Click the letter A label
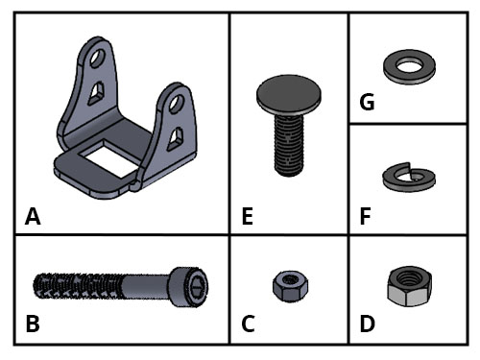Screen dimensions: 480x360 tap(33, 216)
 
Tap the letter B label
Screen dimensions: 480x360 tap(33, 324)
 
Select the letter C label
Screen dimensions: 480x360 tap(248, 324)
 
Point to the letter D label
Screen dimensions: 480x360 tap(367, 324)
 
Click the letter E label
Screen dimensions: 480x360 tap(248, 216)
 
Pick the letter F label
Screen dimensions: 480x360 tap(365, 216)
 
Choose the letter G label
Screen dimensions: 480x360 tap(367, 102)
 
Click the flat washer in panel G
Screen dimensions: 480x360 tap(409, 75)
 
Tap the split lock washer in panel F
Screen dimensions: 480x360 tap(409, 184)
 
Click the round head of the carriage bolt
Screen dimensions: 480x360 tap(289, 94)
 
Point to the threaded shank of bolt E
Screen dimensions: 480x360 tap(289, 145)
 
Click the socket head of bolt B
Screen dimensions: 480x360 tap(188, 287)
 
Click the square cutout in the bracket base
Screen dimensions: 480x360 tap(109, 160)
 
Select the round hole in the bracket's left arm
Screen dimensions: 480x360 tap(97, 58)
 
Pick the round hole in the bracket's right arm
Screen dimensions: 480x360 tap(177, 104)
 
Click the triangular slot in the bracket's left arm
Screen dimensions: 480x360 tap(96, 93)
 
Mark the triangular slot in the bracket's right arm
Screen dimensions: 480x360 tap(176, 139)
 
